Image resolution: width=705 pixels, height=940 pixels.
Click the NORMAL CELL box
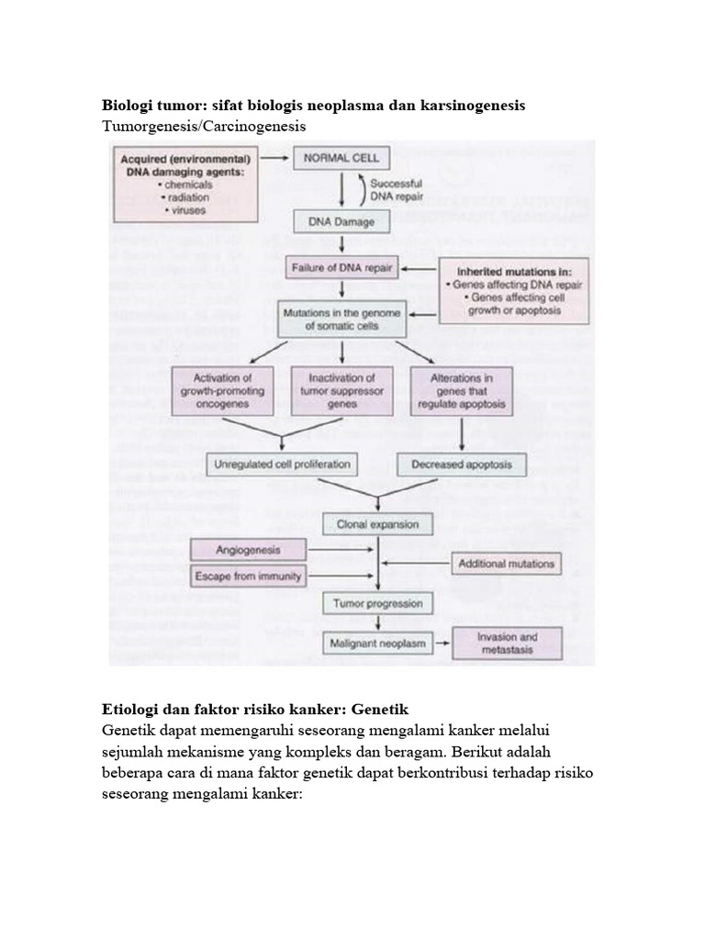coord(341,158)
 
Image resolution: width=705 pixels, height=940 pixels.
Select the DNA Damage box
coord(341,221)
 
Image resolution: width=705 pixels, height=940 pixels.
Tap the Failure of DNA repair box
coord(341,268)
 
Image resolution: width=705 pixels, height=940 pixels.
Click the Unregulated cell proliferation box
coord(281,464)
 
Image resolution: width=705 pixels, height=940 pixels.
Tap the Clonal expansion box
coord(377,525)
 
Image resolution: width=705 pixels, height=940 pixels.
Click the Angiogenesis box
coord(235,550)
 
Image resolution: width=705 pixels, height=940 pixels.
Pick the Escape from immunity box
coord(235,576)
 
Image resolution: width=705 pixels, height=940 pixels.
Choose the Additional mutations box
coord(505,564)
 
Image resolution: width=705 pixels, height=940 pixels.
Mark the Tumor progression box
coord(377,604)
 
